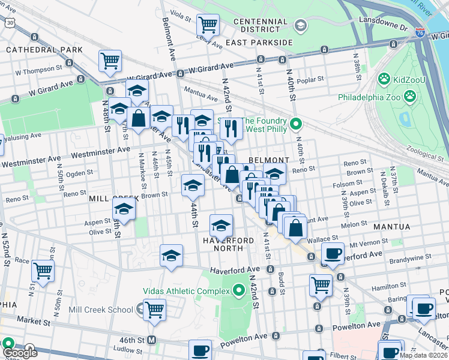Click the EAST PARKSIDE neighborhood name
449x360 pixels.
259,43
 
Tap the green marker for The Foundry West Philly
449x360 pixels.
295,125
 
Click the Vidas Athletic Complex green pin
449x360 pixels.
239,292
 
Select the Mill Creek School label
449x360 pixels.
101,310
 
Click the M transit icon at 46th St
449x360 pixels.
152,340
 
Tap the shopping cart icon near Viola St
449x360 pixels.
208,25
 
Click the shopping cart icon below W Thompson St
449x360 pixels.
110,61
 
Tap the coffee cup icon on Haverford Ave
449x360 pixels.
332,253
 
